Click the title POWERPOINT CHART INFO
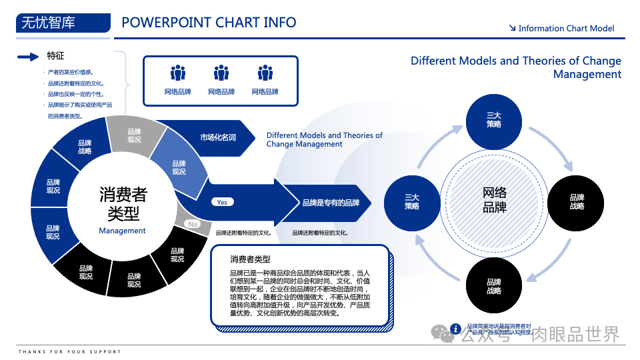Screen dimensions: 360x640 tap(209, 23)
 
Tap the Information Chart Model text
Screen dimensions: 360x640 tap(566, 28)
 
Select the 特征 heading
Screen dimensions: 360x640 tap(56, 56)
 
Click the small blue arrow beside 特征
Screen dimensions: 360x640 tap(28, 57)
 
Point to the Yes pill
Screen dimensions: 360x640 tap(222, 202)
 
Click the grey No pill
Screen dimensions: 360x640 tap(193, 224)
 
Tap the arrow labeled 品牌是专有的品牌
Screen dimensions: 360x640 tap(330, 203)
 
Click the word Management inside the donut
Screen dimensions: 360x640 tap(122, 231)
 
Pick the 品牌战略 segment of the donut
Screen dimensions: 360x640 tap(85, 147)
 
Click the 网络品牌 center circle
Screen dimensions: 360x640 tap(494, 199)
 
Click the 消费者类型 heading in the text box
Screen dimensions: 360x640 tap(250, 259)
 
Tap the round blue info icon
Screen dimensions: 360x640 tap(456, 328)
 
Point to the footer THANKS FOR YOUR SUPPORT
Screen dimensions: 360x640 tap(70, 351)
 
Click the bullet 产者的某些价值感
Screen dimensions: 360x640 tap(70, 72)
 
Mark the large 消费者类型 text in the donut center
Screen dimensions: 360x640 tap(123, 204)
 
